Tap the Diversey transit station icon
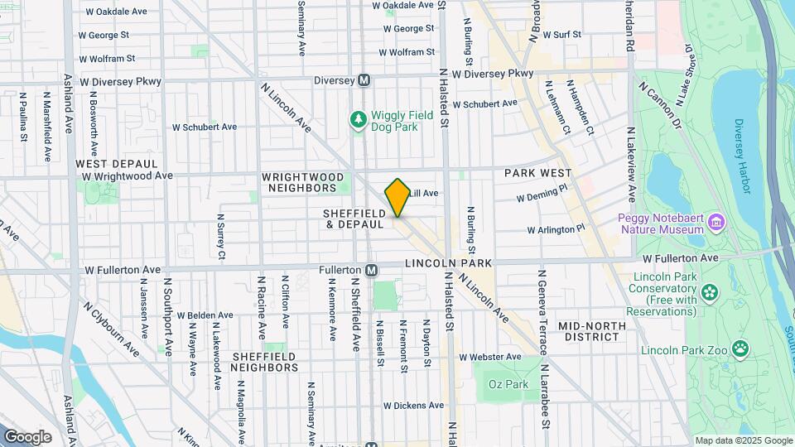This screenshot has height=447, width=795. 364,80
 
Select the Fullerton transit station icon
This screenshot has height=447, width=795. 372,270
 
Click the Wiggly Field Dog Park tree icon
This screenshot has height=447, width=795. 358,121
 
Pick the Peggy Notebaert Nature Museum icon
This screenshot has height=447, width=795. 716,222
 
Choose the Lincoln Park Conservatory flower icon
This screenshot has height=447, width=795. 709,292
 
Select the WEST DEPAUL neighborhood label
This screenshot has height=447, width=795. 112,164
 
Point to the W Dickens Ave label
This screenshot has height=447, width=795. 413,406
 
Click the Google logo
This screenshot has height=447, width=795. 27,437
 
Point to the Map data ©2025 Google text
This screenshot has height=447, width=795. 743,440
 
